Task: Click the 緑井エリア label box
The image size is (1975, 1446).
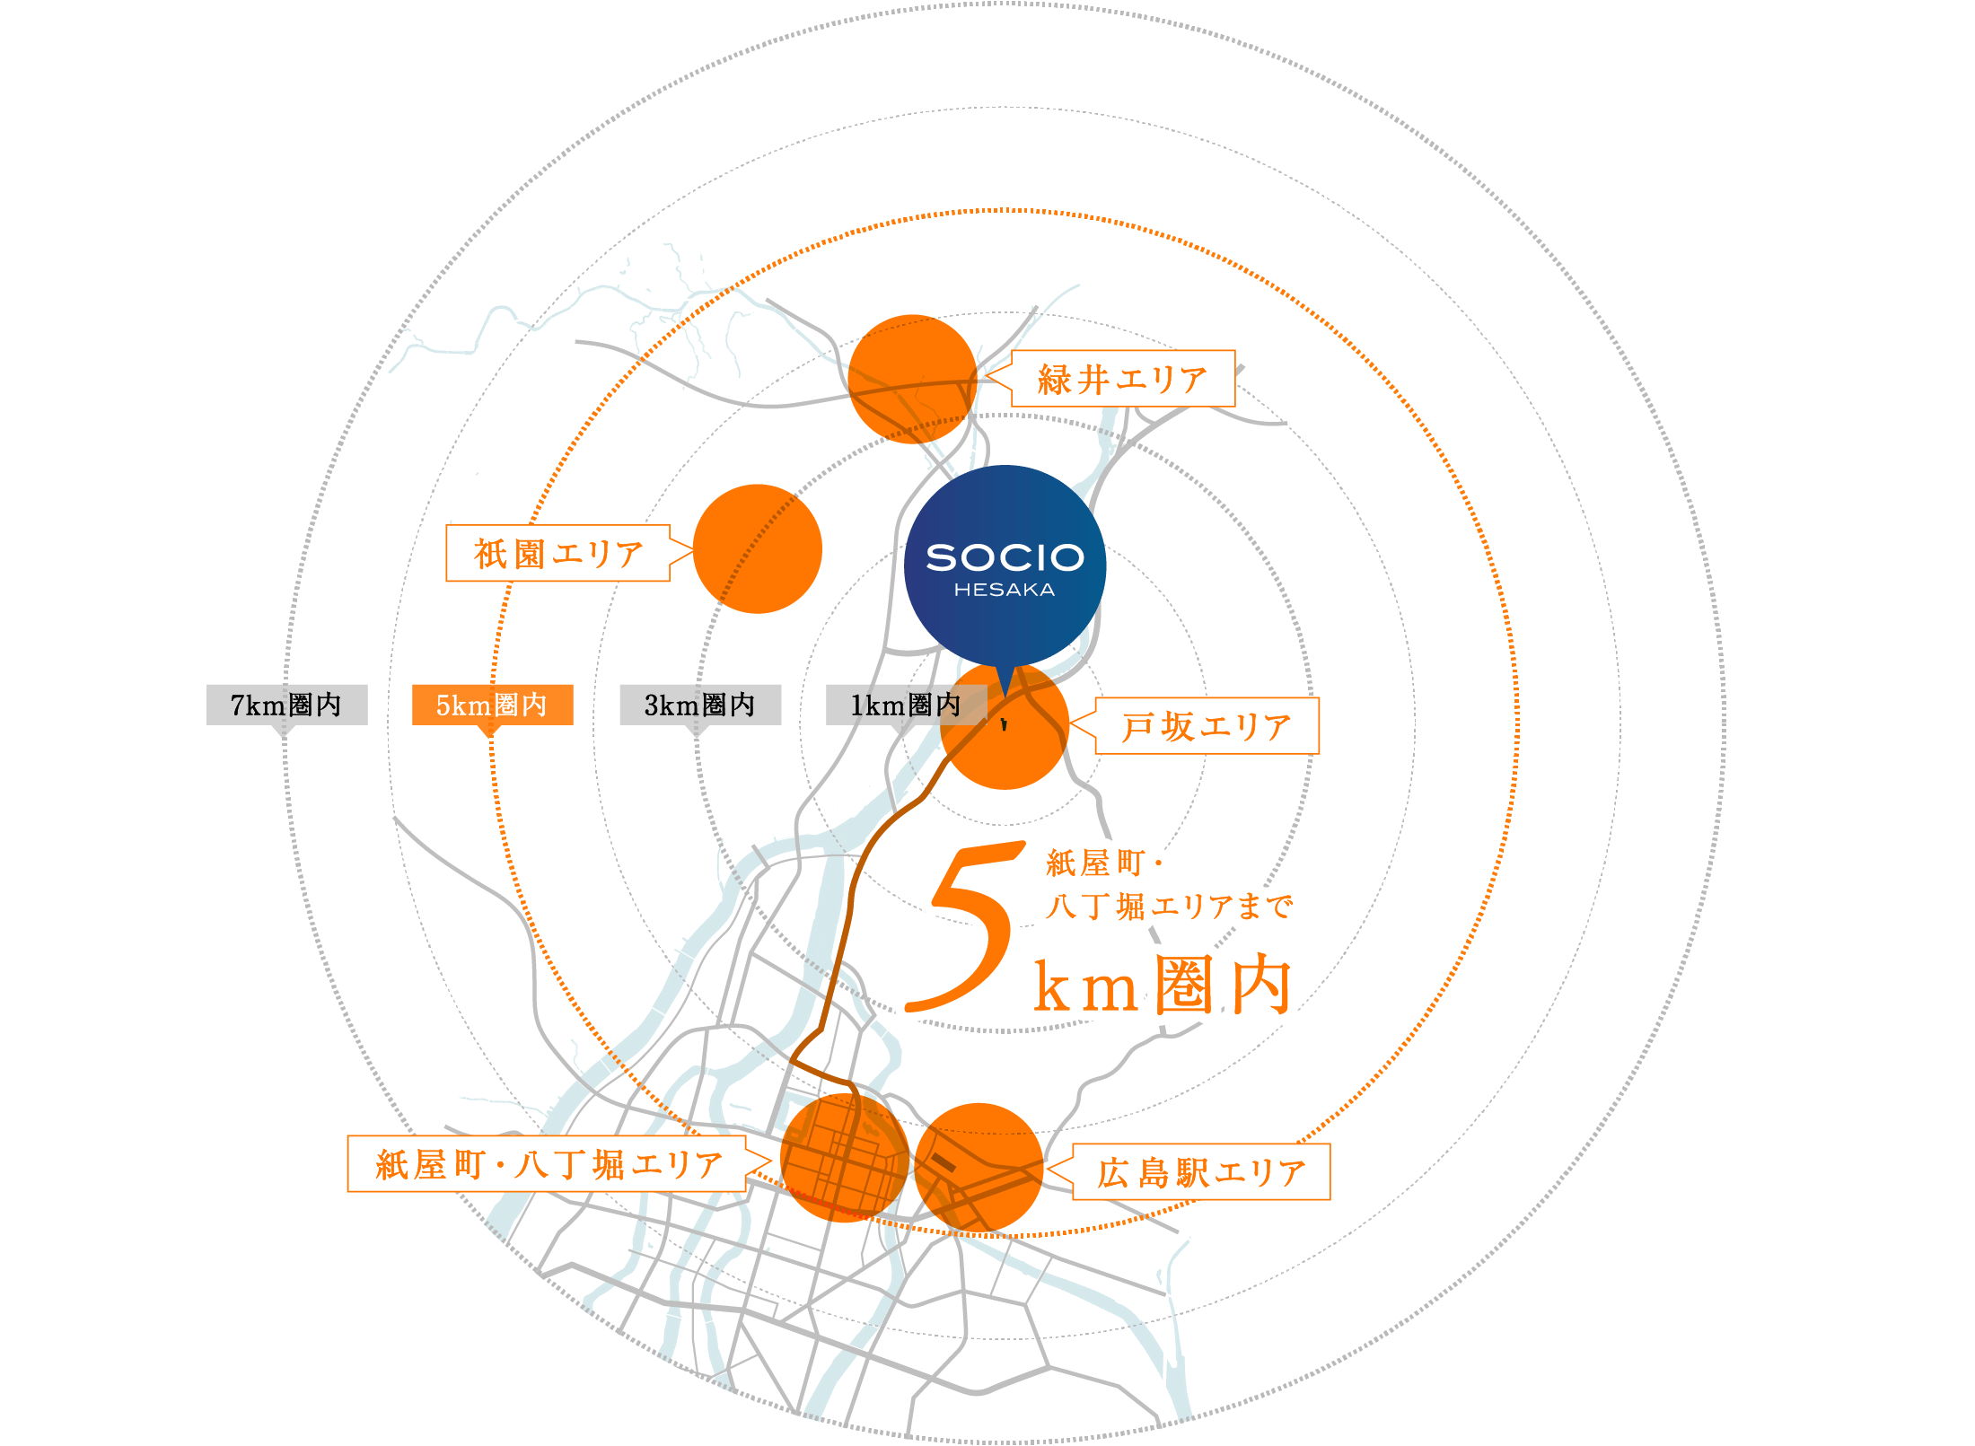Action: click(1123, 378)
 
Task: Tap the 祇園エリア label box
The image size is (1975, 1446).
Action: click(558, 553)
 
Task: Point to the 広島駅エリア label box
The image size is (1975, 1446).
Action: click(1201, 1171)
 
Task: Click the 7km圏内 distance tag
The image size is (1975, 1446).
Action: click(286, 705)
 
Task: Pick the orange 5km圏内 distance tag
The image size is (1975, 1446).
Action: click(492, 705)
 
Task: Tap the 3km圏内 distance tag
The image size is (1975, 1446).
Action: click(700, 705)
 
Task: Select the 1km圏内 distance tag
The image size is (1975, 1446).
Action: click(907, 705)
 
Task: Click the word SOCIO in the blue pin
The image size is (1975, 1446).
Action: click(1005, 557)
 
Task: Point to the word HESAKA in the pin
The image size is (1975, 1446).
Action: click(1005, 590)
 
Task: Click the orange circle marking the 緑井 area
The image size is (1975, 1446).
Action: click(912, 379)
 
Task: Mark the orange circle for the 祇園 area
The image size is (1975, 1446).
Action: click(758, 549)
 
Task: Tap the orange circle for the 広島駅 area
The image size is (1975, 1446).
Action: click(979, 1168)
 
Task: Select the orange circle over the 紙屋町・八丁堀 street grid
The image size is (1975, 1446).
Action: click(845, 1158)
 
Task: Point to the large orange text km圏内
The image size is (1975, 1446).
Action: click(1162, 985)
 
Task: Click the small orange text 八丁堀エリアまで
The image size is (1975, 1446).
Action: click(1169, 906)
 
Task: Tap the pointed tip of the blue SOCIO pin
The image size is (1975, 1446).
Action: click(1005, 697)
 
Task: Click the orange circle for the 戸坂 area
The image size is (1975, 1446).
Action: click(1005, 725)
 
